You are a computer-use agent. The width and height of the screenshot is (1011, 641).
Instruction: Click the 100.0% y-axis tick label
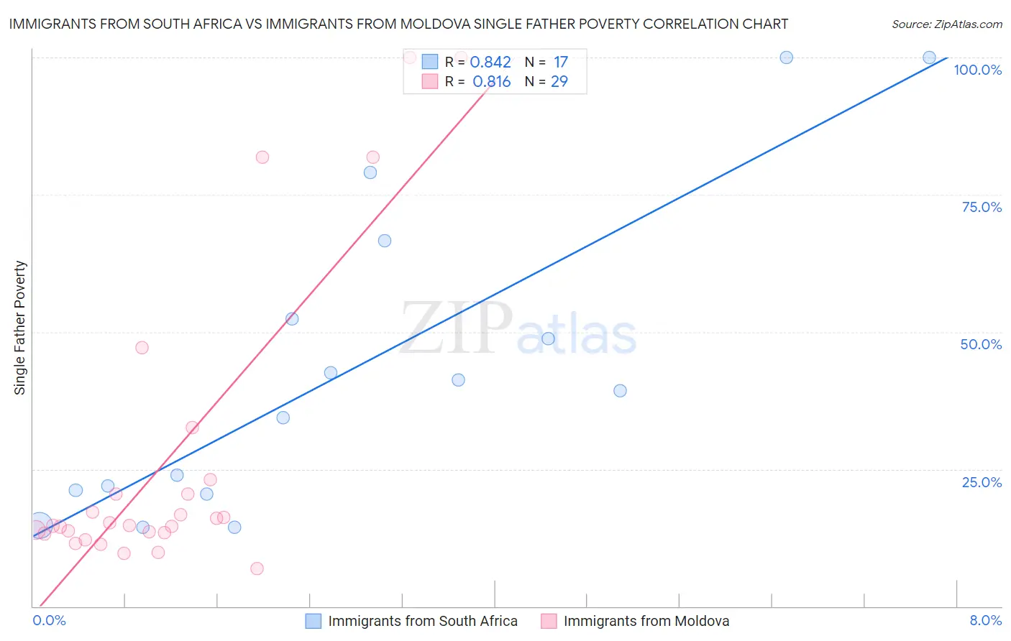(x=977, y=70)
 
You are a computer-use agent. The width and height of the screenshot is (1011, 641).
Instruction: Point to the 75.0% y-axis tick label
(x=982, y=207)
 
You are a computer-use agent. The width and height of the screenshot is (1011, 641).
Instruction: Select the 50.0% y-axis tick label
(x=981, y=344)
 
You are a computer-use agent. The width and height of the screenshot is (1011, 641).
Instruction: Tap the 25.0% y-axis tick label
(x=982, y=481)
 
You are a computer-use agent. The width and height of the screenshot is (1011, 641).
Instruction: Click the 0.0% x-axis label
(x=49, y=620)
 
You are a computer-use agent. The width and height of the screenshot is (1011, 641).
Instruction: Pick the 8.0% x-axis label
(x=985, y=620)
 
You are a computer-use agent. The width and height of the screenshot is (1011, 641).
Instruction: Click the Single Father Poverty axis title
(x=20, y=328)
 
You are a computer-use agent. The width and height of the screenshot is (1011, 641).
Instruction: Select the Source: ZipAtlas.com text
(x=946, y=24)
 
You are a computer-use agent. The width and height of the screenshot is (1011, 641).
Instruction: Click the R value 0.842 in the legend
(x=490, y=63)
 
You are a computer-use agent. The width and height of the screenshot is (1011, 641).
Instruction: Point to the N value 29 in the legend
(x=559, y=82)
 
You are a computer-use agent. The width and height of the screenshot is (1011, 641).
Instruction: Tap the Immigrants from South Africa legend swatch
(x=314, y=621)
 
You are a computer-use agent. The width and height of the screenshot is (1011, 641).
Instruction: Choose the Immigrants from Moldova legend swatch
(x=549, y=621)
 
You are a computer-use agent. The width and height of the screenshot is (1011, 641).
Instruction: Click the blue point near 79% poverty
(x=370, y=172)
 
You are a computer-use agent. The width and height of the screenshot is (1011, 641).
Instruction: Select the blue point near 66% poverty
(x=385, y=241)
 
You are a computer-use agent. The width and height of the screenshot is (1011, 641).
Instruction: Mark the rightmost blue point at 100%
(x=929, y=57)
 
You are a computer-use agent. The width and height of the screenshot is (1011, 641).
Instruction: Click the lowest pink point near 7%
(x=257, y=568)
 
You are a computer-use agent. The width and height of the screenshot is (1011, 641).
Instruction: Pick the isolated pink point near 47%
(x=142, y=348)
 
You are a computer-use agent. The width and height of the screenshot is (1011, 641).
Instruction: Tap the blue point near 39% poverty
(x=620, y=391)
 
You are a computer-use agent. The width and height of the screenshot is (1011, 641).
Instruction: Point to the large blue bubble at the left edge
(x=40, y=525)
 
